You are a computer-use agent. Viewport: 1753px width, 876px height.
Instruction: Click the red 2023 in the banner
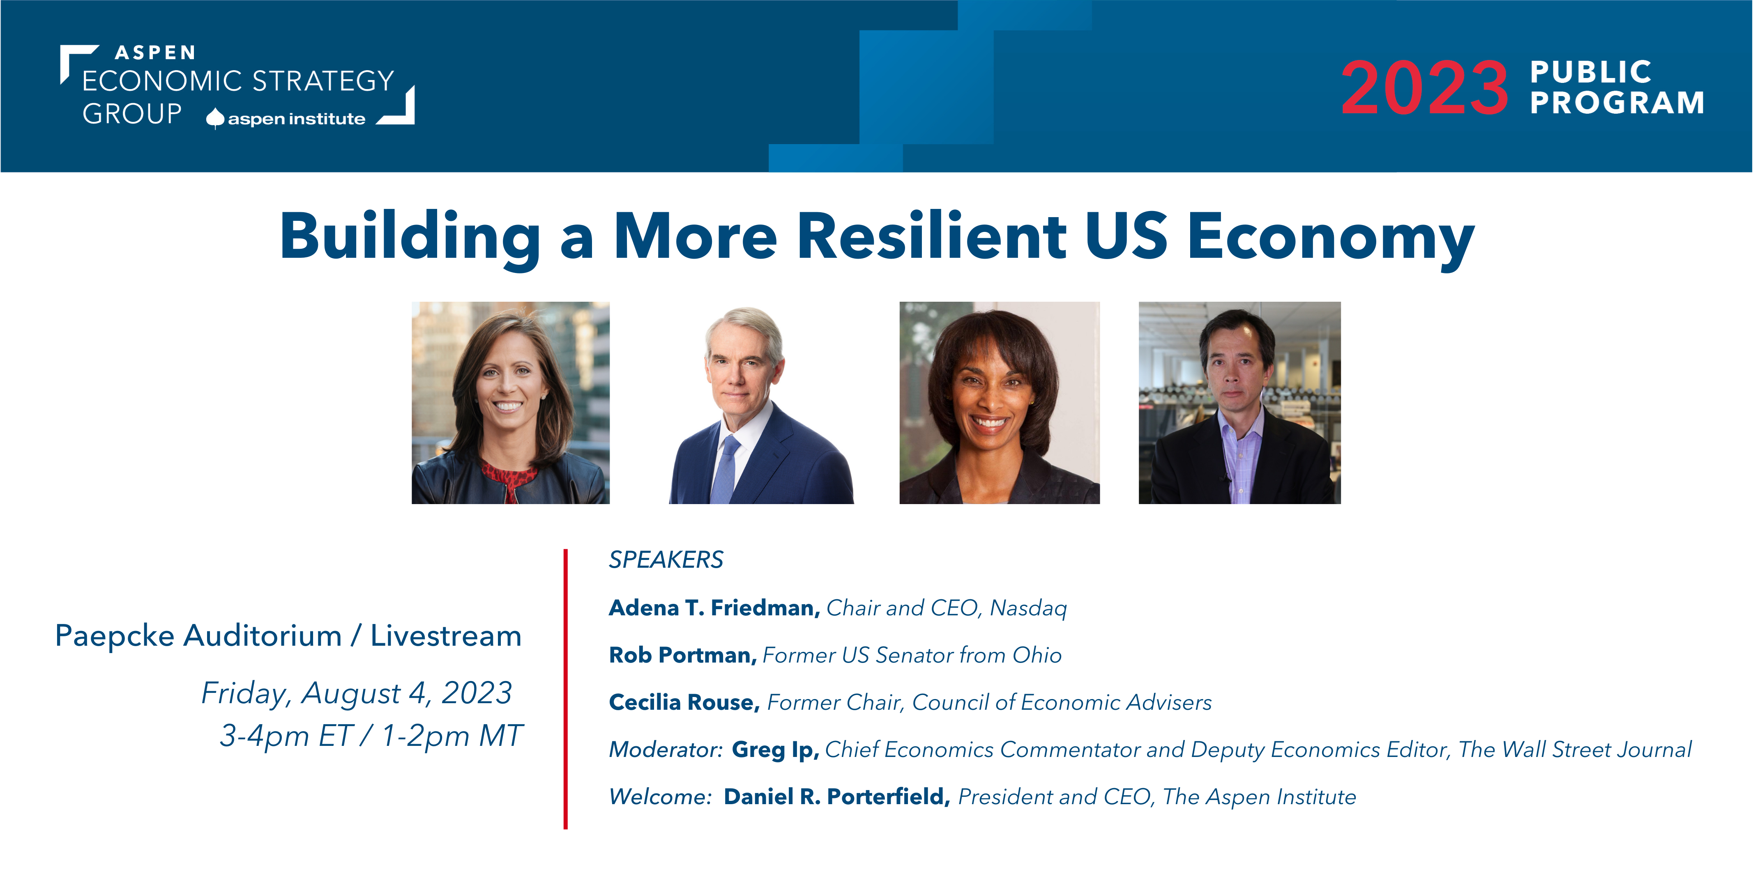pyautogui.click(x=1424, y=88)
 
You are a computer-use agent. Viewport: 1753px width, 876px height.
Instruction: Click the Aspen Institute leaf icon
pyautogui.click(x=215, y=118)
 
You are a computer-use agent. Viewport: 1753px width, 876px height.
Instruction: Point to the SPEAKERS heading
pyautogui.click(x=666, y=560)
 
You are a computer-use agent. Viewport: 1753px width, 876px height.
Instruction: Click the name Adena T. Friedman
pyautogui.click(x=714, y=608)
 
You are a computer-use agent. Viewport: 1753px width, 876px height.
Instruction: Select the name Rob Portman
pyautogui.click(x=682, y=655)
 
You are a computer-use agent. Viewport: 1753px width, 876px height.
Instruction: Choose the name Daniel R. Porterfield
pyautogui.click(x=836, y=796)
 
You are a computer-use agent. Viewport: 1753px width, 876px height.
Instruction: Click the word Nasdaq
pyautogui.click(x=1028, y=608)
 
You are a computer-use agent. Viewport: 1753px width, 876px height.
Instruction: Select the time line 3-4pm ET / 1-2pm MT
pyautogui.click(x=371, y=736)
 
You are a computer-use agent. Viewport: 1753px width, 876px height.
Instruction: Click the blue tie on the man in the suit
pyautogui.click(x=726, y=469)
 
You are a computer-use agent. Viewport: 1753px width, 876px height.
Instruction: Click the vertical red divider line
pyautogui.click(x=566, y=689)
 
